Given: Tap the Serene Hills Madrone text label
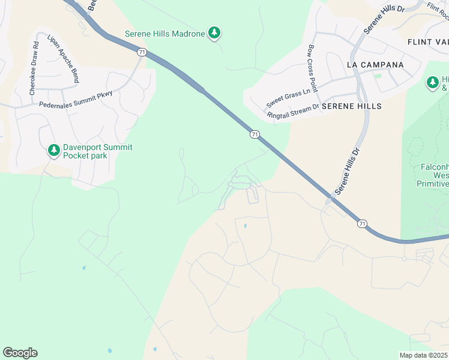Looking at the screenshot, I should [x=164, y=34].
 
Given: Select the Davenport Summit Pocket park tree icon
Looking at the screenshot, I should [x=54, y=151].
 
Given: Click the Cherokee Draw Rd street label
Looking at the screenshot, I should [x=34, y=68].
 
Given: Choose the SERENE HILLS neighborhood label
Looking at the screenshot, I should [x=351, y=106].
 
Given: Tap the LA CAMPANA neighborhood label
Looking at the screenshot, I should [x=375, y=64].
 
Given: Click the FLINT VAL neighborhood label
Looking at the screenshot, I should [x=427, y=42].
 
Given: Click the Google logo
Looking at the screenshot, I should [x=20, y=352].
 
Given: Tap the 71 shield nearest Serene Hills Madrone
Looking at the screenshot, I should [x=141, y=52].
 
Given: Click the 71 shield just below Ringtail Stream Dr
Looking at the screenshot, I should [x=255, y=134].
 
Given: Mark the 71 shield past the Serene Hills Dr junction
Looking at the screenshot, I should [x=361, y=223].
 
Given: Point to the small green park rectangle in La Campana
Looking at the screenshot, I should [x=378, y=76].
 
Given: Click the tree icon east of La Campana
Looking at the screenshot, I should [x=432, y=82].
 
